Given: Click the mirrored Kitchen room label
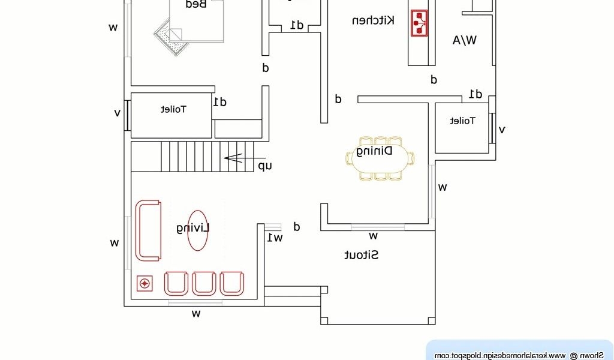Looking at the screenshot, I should (373, 20).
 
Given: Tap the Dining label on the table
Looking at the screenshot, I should (374, 151).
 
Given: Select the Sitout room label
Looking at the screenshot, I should (361, 255).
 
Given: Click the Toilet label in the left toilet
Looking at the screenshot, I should (174, 109).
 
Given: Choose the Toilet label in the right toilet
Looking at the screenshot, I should (462, 121).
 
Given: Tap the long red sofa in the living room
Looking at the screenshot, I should (148, 230).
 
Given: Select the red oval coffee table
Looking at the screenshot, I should (197, 230).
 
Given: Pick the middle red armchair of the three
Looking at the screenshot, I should (204, 283).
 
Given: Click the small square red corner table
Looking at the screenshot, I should (144, 283).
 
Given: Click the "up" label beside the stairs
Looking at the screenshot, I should (264, 166).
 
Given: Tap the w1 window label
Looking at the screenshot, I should (275, 238).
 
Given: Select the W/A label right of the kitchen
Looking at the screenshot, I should (464, 40).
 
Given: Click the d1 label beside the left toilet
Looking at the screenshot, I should (219, 102).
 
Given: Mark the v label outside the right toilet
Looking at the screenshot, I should (502, 129).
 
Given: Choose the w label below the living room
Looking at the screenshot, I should (196, 313).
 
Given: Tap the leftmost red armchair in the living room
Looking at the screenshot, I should (176, 283).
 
